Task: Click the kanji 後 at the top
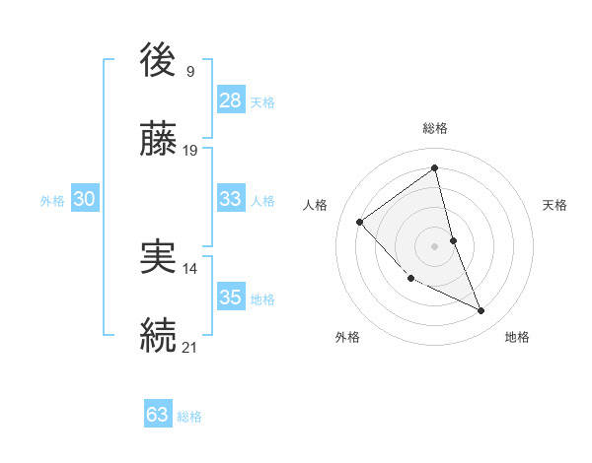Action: coord(159,61)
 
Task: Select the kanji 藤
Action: coord(159,141)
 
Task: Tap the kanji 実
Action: coord(159,257)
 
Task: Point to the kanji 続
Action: coord(159,335)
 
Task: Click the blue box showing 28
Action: coord(231,99)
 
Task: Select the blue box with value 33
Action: coord(231,199)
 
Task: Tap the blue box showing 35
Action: coord(231,298)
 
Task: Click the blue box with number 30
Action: coord(85,199)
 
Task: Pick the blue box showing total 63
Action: coord(158,415)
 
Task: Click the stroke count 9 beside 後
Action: coord(189,71)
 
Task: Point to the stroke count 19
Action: coord(190,151)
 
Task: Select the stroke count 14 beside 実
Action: coord(190,268)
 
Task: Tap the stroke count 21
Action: coord(190,347)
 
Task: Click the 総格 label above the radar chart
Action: coord(435,128)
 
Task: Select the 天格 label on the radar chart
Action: coord(555,205)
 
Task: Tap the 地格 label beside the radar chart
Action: coord(517,337)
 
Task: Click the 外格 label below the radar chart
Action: coord(347,337)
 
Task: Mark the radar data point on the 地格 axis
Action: coord(481,311)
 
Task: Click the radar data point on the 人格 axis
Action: coord(360,222)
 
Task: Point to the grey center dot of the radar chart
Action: coord(435,245)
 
